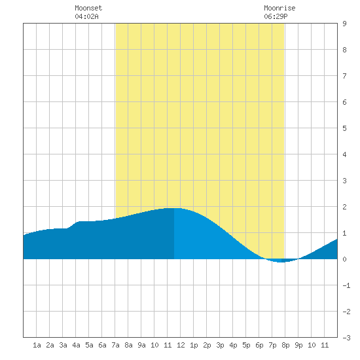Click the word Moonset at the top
point(88,8)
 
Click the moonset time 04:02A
point(86,16)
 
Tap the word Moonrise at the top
point(279,8)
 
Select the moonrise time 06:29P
point(276,16)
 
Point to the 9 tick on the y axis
point(344,24)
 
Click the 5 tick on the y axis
point(344,128)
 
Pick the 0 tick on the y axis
point(344,259)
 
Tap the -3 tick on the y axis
point(346,338)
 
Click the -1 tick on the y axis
point(346,285)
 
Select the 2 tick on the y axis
point(344,207)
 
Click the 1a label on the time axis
point(37,345)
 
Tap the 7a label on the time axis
point(115,345)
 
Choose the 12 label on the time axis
point(181,345)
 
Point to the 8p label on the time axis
point(285,345)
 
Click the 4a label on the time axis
point(76,345)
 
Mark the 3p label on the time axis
point(220,345)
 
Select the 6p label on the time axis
point(259,345)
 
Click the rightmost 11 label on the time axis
point(325,345)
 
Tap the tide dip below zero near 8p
point(281,261)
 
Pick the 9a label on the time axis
point(141,345)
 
